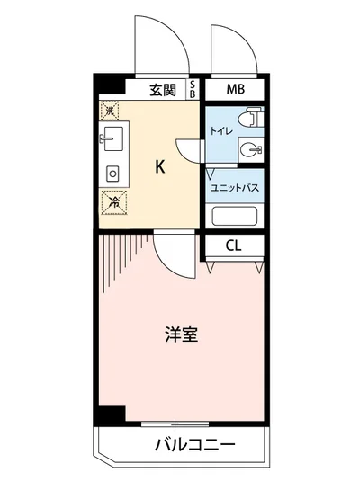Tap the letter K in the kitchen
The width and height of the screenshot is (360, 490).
point(160,165)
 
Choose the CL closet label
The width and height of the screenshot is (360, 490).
point(232,245)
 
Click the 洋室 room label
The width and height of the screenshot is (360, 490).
point(181,335)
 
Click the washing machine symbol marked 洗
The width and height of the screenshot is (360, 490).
point(110,111)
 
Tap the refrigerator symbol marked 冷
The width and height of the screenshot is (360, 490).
point(112,202)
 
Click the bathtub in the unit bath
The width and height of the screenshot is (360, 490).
point(233,217)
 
